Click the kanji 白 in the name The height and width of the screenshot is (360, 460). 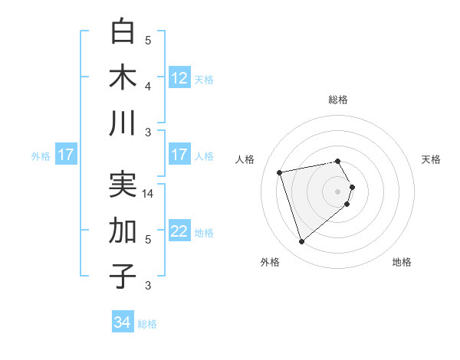[123, 32]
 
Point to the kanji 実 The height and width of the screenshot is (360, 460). [123, 184]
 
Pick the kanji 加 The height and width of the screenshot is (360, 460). [123, 230]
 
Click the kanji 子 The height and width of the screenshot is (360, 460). [123, 275]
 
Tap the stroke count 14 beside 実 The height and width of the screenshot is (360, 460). [149, 195]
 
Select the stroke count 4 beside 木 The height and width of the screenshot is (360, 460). [148, 87]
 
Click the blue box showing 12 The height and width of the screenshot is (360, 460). [179, 77]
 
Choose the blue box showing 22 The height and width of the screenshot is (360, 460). [179, 231]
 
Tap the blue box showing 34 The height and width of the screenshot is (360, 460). [123, 322]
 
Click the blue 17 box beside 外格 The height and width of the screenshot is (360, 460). [65, 155]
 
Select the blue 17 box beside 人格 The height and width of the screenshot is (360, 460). [179, 155]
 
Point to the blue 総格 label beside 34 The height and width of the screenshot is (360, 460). [147, 324]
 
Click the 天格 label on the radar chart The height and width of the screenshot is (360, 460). [432, 159]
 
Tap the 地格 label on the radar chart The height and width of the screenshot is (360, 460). [402, 262]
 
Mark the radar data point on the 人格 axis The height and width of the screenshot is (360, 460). [280, 172]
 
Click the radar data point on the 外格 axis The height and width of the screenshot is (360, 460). [301, 241]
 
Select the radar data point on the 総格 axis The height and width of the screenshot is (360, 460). [337, 161]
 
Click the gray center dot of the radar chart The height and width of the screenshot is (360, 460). [337, 191]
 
